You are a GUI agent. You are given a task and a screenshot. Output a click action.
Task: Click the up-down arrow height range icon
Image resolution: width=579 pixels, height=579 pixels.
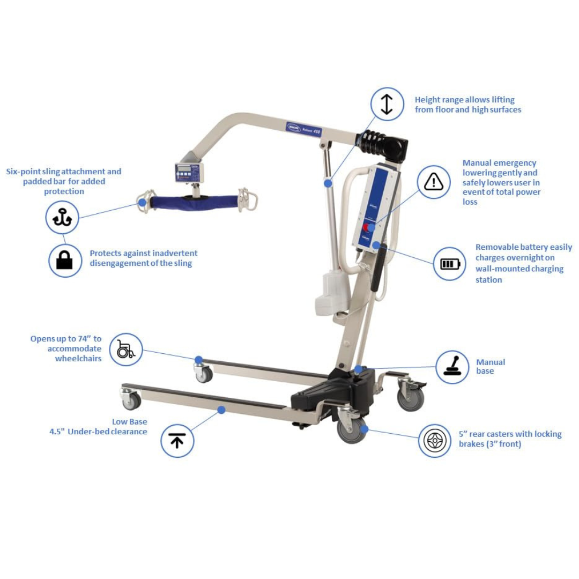(x=387, y=104)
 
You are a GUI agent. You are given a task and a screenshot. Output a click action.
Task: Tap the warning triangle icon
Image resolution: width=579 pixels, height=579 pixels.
(x=433, y=182)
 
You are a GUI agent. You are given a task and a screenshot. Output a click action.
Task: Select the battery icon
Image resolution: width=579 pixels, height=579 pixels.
(x=449, y=264)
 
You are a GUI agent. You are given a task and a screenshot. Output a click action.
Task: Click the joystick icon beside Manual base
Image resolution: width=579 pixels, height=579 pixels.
(x=452, y=367)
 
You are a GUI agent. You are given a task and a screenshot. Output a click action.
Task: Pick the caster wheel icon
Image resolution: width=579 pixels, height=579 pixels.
(x=435, y=441)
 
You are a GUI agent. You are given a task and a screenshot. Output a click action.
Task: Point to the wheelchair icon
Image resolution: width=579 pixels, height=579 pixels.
(x=126, y=350)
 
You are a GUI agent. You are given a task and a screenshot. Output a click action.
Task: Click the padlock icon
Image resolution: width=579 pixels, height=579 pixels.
(x=65, y=261)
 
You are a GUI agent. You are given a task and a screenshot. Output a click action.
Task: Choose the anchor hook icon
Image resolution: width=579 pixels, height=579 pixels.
(x=62, y=217)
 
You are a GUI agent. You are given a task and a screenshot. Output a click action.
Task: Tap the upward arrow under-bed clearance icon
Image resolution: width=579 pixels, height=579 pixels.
(x=177, y=441)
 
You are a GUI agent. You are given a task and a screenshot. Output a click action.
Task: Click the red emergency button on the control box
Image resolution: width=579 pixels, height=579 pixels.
(x=366, y=227)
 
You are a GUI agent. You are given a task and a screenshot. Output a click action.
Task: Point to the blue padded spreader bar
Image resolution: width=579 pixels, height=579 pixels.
(x=194, y=202)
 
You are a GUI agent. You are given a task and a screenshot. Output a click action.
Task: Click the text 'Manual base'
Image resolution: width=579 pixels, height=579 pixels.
(x=491, y=367)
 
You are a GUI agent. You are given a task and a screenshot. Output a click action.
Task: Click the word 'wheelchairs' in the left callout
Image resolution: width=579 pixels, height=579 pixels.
(x=78, y=359)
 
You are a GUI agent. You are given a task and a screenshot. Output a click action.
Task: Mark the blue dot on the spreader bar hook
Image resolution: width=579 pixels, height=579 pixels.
(x=142, y=203)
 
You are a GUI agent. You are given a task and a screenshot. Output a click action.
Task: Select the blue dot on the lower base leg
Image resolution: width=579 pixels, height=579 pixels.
(x=221, y=410)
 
